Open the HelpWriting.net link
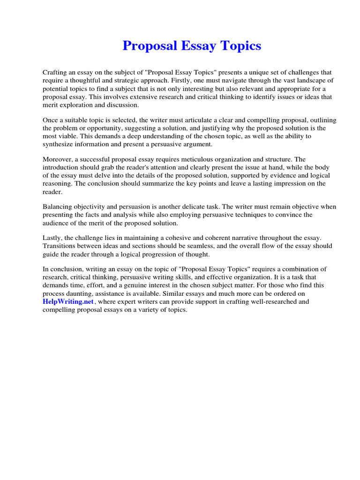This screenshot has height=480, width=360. pos(68,302)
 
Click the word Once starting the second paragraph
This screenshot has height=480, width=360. pos(51,120)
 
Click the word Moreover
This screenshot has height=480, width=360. pos(58,160)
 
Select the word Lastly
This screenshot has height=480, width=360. pos(53,239)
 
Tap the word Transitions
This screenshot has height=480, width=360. pos(60,247)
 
